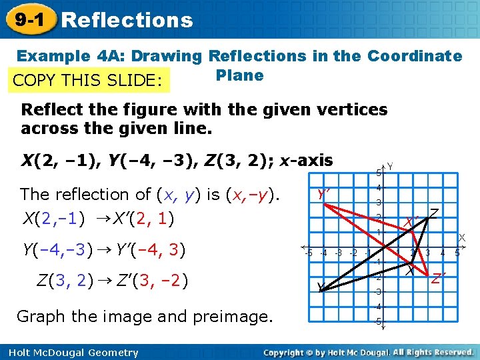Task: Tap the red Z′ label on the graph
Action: [x=437, y=278]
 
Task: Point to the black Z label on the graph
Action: [x=434, y=212]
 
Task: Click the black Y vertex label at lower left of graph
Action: [x=320, y=287]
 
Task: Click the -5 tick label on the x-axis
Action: [x=308, y=253]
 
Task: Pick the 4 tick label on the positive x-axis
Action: [x=443, y=253]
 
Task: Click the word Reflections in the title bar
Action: [x=127, y=20]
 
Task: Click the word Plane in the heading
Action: [x=239, y=75]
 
